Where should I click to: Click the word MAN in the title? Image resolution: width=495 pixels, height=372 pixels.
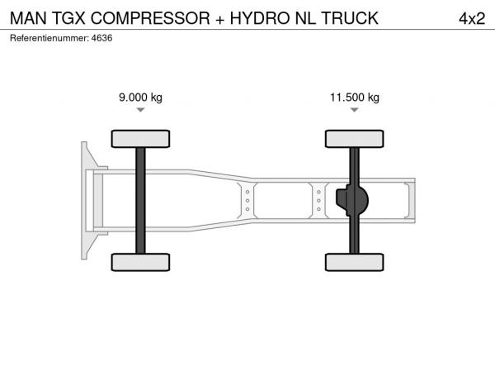tap(28, 18)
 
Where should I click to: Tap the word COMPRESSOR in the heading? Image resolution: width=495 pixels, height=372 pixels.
tap(150, 18)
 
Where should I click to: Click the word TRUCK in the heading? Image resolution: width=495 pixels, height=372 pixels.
tap(350, 18)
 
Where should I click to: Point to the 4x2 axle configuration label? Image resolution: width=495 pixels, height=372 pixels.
tap(472, 18)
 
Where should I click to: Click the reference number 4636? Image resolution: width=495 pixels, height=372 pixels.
tap(101, 38)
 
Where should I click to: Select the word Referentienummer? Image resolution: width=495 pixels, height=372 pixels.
tap(49, 38)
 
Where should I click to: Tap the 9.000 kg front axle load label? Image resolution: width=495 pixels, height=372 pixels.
tap(140, 97)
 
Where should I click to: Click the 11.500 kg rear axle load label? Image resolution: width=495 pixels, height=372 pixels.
tap(355, 97)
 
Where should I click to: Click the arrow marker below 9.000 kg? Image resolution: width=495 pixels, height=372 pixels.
tap(140, 110)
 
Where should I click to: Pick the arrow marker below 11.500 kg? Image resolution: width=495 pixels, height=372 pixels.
tap(355, 110)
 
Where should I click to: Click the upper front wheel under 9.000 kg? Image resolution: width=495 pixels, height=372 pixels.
tap(140, 139)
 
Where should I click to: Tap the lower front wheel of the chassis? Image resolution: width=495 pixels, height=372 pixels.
tap(140, 262)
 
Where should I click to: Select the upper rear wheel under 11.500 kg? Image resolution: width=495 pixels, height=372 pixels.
tap(355, 139)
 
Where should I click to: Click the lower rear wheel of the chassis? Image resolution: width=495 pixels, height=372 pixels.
tap(355, 262)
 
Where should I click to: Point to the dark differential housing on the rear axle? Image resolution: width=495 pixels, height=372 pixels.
tap(352, 200)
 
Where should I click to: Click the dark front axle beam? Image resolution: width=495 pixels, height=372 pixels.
tap(140, 201)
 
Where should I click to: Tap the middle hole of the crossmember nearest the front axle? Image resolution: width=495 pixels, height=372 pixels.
tap(247, 201)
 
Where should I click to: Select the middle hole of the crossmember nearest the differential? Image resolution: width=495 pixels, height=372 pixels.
tap(318, 201)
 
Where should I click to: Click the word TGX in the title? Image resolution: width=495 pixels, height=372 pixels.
tap(68, 18)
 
